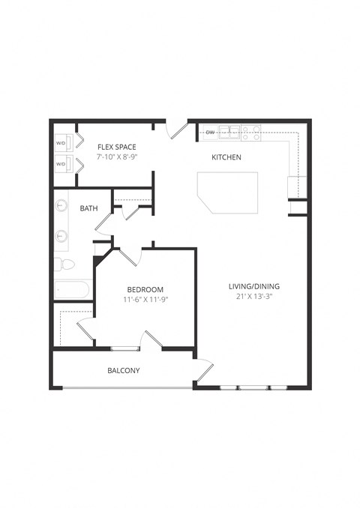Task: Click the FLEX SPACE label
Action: [118, 148]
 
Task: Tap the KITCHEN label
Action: [226, 157]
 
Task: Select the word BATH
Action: [89, 208]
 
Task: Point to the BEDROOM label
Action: [145, 289]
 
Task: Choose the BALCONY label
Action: [123, 370]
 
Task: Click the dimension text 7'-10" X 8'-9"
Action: [118, 158]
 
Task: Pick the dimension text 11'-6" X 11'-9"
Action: [145, 300]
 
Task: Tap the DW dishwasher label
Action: [210, 133]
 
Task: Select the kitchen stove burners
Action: [251, 133]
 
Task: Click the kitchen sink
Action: [234, 133]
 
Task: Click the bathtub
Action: [73, 289]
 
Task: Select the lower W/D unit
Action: [62, 164]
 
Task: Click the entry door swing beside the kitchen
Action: [178, 130]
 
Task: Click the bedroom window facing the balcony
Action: [125, 348]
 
